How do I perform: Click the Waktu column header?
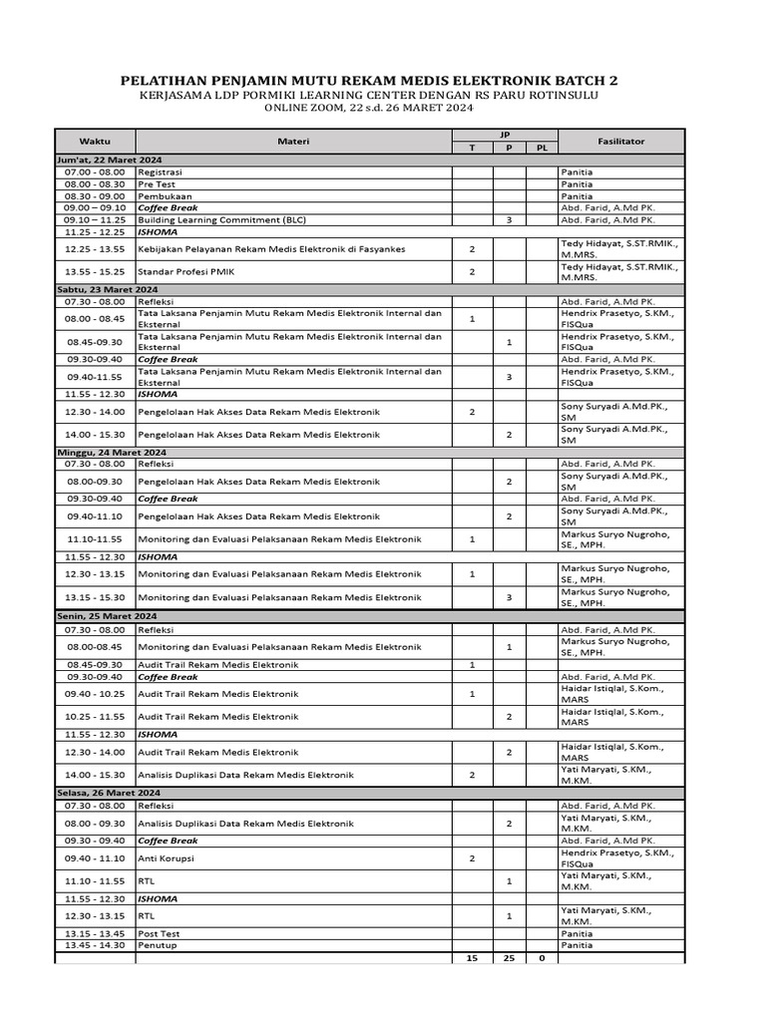click(x=95, y=142)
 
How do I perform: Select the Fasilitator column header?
click(x=621, y=142)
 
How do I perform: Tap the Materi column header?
click(x=293, y=142)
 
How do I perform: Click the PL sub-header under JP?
click(x=542, y=148)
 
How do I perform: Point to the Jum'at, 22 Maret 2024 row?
click(x=110, y=160)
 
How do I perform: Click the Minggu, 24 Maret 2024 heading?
click(x=109, y=452)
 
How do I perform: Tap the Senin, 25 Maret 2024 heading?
click(x=107, y=616)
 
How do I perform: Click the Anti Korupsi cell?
click(x=166, y=857)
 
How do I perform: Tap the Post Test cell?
click(x=159, y=933)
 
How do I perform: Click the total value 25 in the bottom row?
click(x=509, y=958)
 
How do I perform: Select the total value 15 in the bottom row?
click(x=472, y=958)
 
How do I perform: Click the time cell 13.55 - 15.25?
click(x=95, y=271)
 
